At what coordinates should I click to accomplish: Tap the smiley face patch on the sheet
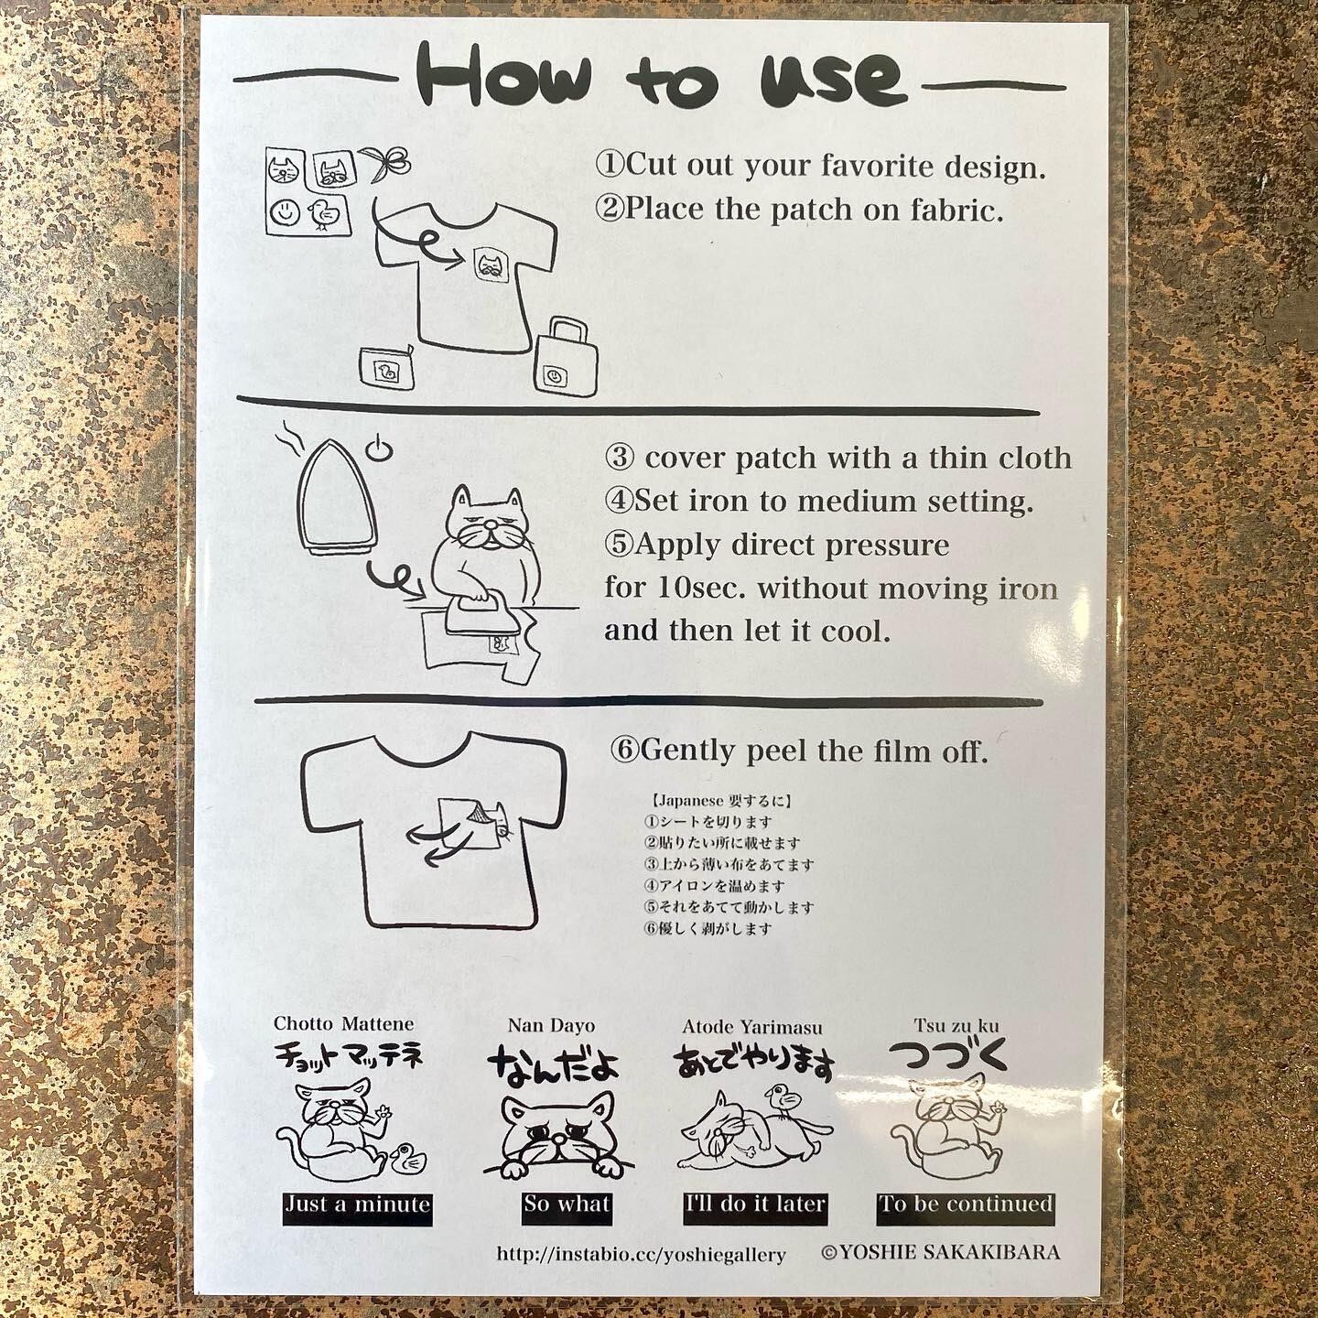(286, 212)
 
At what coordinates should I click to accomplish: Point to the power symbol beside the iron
(377, 448)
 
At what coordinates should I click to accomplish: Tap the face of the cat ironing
(483, 524)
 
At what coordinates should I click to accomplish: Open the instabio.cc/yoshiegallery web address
(641, 1255)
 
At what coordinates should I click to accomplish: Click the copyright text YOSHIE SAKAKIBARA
(941, 1252)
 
